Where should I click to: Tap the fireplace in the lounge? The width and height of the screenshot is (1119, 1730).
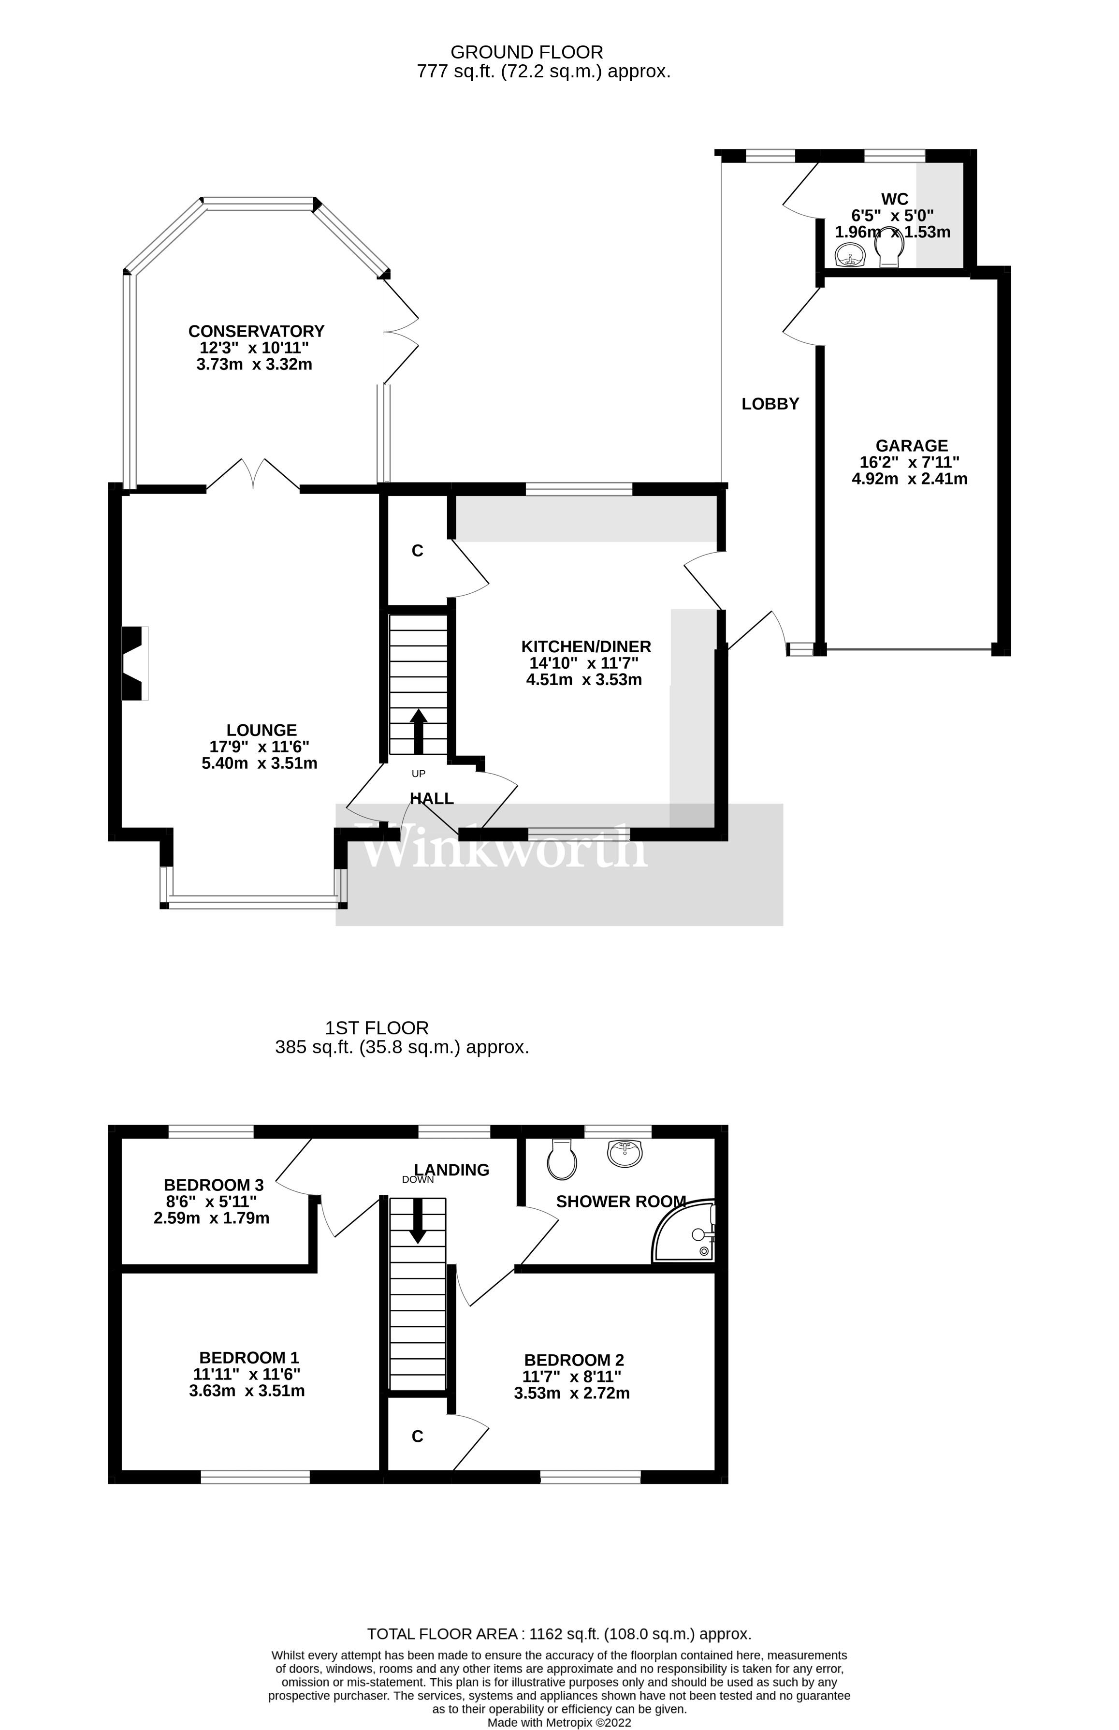click(x=134, y=664)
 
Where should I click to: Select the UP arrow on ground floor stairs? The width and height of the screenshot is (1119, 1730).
click(x=419, y=731)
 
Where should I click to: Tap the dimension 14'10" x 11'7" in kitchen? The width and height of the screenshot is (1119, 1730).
click(x=586, y=663)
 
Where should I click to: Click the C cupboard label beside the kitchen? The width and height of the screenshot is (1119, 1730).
click(x=417, y=551)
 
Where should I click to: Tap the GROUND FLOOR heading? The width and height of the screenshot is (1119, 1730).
click(x=527, y=52)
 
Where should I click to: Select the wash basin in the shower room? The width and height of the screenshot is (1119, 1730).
click(x=625, y=1153)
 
